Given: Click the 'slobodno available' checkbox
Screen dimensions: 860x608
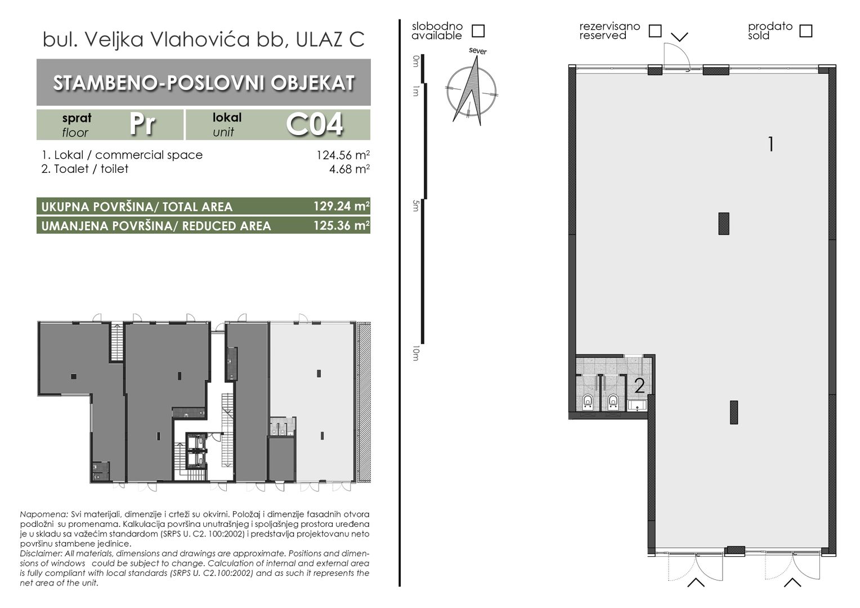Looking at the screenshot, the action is (478, 31).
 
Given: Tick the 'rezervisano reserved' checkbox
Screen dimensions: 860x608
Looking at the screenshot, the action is (655, 31).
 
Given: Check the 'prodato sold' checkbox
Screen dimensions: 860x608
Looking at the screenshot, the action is (806, 31).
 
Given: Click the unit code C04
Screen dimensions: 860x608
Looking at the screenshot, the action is (315, 124).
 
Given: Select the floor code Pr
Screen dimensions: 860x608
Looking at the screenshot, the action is (142, 124).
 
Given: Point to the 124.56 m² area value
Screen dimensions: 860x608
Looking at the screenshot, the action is (343, 155).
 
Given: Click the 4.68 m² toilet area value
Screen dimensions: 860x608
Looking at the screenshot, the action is (350, 169).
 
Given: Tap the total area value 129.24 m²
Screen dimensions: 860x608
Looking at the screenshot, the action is (342, 206).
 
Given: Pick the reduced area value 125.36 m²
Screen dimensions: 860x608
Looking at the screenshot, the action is (342, 225).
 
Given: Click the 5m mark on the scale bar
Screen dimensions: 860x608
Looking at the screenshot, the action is (415, 206).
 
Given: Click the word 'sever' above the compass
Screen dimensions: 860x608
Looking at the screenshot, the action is (478, 51).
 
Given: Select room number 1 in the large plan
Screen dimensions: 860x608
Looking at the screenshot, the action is (771, 145).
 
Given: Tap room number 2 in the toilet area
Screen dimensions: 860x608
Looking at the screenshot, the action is (639, 386).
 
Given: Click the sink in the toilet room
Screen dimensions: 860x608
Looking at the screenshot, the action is (637, 405).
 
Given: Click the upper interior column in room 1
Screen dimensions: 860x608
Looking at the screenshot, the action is (724, 223).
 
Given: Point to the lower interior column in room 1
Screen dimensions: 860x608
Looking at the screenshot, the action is (734, 412).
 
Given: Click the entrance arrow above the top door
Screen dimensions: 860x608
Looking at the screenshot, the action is (679, 37).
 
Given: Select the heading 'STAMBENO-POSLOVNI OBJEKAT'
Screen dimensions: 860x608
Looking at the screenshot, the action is (204, 83).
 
